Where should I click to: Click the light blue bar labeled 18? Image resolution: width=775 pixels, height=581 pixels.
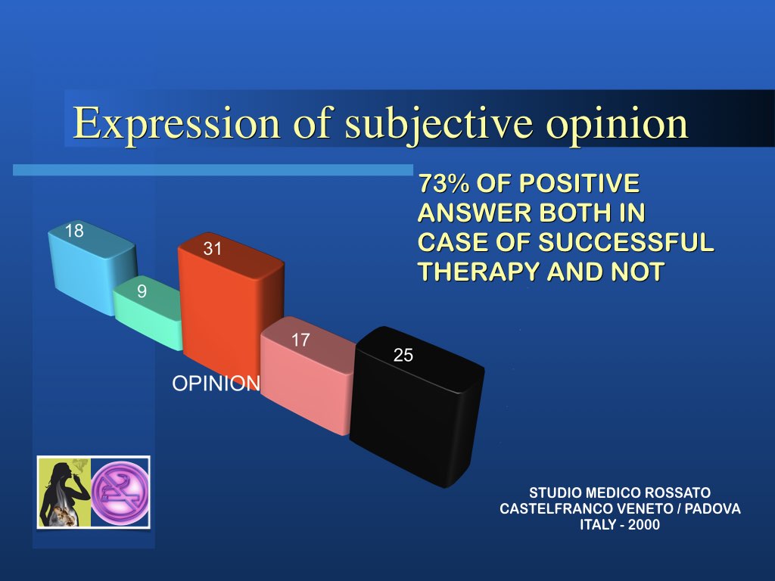[x=92, y=267]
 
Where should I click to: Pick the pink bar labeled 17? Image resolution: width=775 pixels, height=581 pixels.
[x=307, y=375]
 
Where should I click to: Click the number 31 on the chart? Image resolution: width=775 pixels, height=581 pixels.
[x=213, y=248]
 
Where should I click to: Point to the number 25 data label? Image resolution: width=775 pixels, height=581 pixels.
[x=403, y=355]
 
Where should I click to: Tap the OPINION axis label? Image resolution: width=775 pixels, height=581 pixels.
[x=216, y=384]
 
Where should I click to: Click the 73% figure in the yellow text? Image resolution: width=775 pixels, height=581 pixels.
[x=444, y=183]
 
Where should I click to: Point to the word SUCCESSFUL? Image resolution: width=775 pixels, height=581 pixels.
[x=626, y=242]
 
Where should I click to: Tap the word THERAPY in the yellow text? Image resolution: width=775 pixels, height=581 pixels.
[x=478, y=272]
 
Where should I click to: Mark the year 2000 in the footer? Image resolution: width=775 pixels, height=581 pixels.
[x=643, y=524]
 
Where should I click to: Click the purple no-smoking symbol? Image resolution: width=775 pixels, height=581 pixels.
[x=120, y=492]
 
